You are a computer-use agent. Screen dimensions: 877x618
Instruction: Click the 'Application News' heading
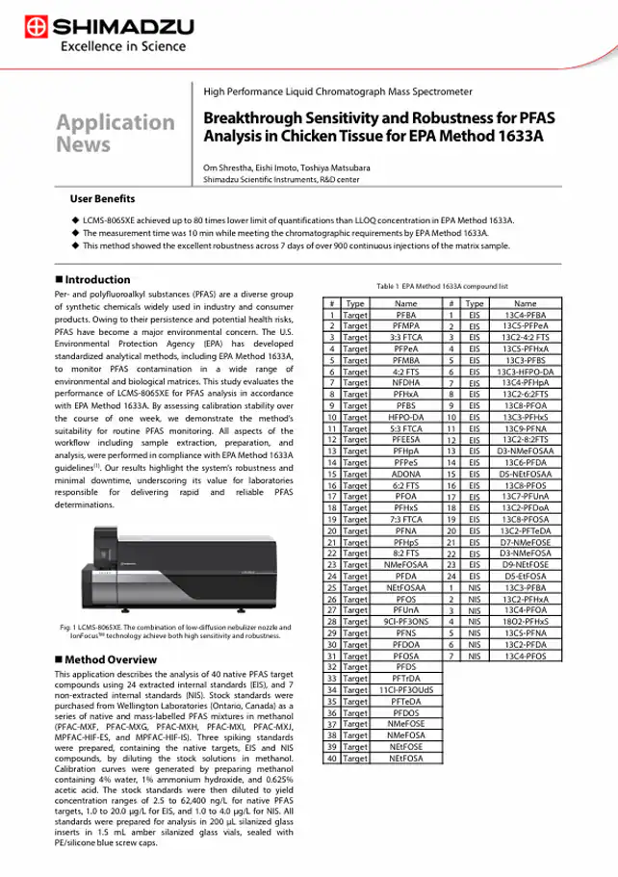(115, 133)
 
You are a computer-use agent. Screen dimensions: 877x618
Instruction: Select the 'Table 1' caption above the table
(442, 286)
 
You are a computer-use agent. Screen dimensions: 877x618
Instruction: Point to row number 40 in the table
(330, 757)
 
